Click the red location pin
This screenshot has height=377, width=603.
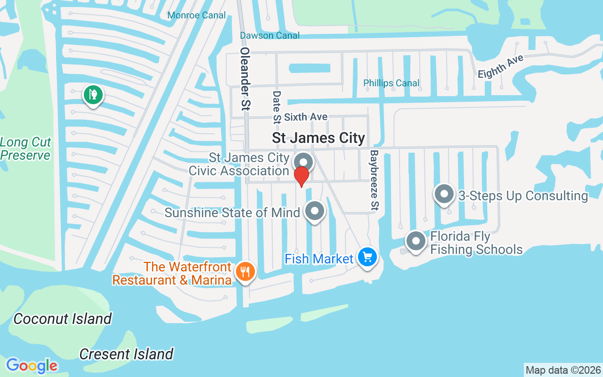[301, 176]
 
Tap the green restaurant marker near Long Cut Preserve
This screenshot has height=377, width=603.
[93, 95]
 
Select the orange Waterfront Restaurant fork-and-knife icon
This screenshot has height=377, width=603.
[245, 272]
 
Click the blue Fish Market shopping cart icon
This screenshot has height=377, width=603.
[367, 258]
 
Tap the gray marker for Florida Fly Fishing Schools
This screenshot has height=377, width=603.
[416, 241]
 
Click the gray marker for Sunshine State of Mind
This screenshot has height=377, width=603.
[315, 211]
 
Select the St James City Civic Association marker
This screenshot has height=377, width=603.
[303, 162]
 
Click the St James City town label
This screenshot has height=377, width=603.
[318, 138]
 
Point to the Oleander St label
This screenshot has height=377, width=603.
[244, 79]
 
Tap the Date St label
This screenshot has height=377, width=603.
[277, 108]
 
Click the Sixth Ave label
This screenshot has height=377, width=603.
[305, 117]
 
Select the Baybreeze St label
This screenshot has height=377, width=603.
[375, 180]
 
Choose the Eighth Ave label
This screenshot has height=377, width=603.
[500, 67]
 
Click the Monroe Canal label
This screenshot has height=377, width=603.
[196, 16]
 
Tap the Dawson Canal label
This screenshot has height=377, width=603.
[269, 35]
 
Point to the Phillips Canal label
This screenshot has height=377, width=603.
[391, 83]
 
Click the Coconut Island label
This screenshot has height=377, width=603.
[62, 319]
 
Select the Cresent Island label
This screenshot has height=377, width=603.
[126, 354]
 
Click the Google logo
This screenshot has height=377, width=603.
[32, 365]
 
